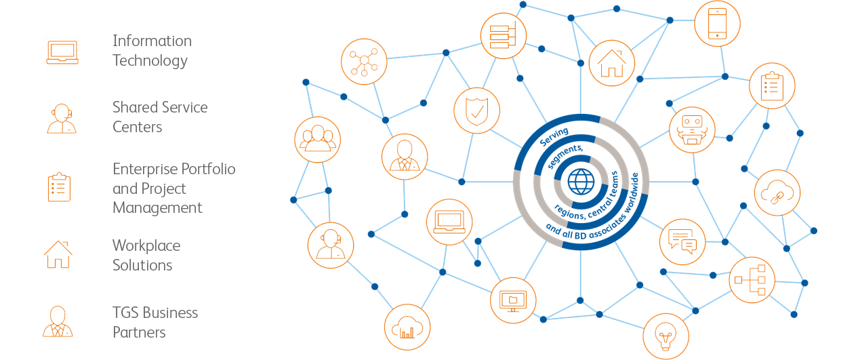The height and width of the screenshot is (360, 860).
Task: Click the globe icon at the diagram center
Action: click(581, 182)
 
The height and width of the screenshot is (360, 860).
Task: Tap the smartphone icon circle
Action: click(717, 24)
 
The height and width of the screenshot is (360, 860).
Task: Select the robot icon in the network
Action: click(692, 130)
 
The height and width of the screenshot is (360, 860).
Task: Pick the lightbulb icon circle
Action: click(666, 336)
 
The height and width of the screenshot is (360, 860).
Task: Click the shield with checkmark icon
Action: click(476, 111)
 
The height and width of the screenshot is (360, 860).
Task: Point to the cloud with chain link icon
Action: click(777, 193)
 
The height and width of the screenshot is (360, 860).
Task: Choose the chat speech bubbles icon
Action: click(682, 242)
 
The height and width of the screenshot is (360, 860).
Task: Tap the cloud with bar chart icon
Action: click(407, 327)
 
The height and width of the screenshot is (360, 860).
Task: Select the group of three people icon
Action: click(318, 140)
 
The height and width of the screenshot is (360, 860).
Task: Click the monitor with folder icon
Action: click(513, 300)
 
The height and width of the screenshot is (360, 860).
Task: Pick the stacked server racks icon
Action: click(504, 36)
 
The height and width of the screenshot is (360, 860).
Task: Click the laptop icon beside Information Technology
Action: click(62, 52)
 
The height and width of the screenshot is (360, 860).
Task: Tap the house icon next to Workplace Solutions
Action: click(58, 254)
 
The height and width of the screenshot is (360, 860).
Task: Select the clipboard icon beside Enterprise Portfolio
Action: click(59, 187)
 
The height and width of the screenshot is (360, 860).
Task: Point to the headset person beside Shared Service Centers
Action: click(62, 119)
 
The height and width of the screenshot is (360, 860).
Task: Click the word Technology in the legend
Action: click(150, 61)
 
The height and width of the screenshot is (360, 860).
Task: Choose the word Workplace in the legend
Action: click(146, 246)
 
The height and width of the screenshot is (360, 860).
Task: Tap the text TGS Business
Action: click(155, 313)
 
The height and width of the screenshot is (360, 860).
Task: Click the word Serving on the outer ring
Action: click(554, 137)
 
